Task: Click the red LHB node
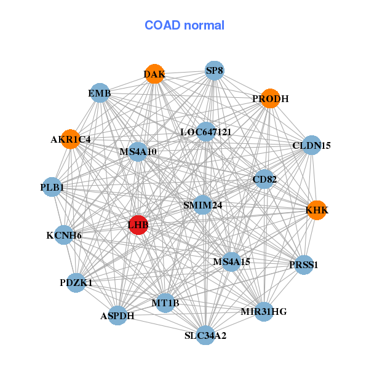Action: coord(138,225)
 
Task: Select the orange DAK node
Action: coord(155,74)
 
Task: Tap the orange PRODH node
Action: coord(270,98)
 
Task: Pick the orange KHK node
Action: coord(317,210)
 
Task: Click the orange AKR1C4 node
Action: coord(71,139)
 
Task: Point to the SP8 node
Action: coord(215,70)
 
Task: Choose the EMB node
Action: coord(100,93)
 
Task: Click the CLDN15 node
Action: coord(312,145)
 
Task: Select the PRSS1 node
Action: coord(304,264)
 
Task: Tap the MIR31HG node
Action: coord(263,311)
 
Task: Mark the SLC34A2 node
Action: coord(205,335)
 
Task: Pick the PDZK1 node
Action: coord(76,282)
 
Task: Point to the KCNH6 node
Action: coord(64,235)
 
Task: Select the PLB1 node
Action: coord(53,186)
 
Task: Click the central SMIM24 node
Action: coord(202,205)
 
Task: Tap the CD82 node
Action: coord(264,179)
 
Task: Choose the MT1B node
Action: coord(165,302)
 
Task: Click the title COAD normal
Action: coord(184,25)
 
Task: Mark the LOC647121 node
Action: coord(205,131)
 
